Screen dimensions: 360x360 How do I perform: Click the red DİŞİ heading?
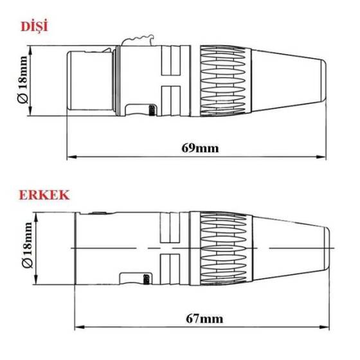tap(35, 27)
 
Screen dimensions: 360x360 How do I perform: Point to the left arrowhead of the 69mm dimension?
tap(70, 156)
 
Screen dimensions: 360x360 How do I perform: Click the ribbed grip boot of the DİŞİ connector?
tap(225, 79)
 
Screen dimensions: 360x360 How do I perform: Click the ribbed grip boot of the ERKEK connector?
tap(228, 247)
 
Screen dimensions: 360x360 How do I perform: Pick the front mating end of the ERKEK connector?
tap(90, 247)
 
